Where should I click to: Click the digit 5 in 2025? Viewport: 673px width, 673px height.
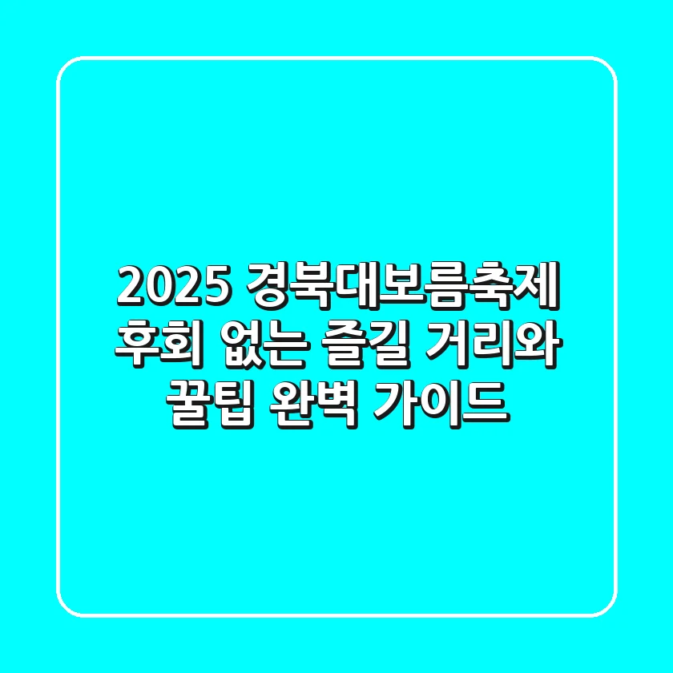[213, 285]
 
